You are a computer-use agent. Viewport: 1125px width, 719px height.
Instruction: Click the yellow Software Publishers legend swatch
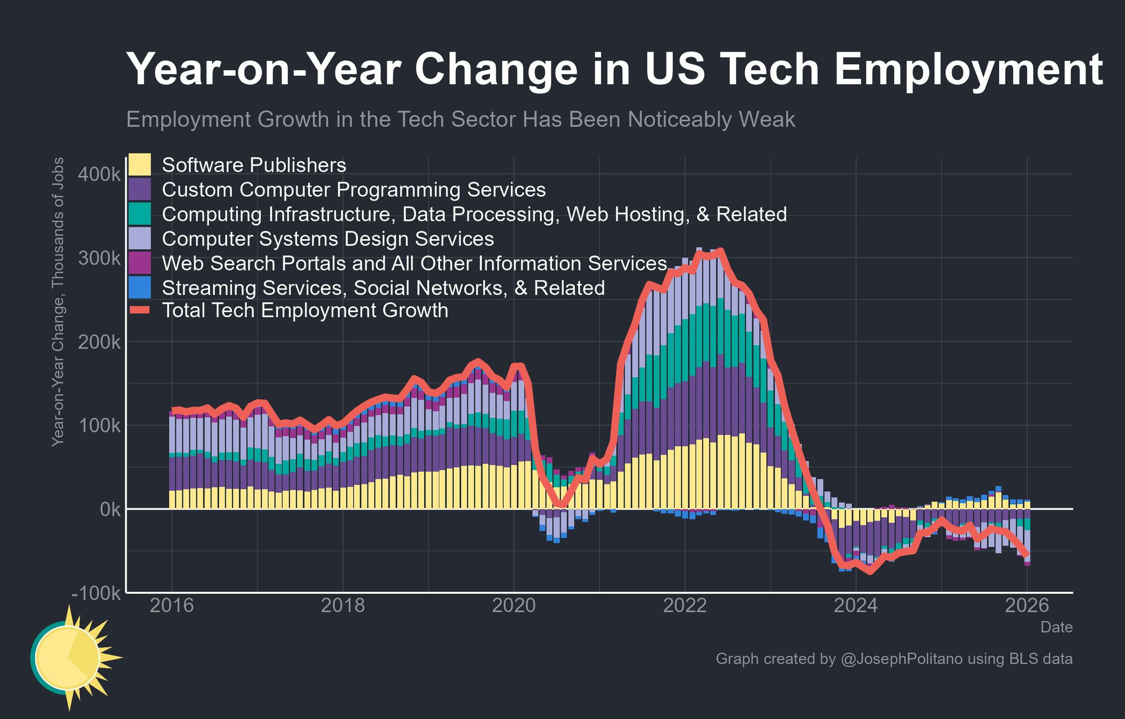(140, 165)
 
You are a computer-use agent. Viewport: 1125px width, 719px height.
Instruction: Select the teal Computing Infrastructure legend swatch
(140, 214)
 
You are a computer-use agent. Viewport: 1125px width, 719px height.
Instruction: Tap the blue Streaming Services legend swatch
(140, 287)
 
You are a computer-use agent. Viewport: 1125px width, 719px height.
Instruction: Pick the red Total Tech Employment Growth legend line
(140, 311)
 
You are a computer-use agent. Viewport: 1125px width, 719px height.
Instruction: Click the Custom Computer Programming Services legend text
(354, 190)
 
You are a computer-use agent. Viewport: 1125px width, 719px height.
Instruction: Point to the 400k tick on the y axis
(99, 175)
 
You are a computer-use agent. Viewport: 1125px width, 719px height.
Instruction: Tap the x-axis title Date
(1056, 627)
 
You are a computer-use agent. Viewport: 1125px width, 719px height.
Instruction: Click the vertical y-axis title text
(58, 302)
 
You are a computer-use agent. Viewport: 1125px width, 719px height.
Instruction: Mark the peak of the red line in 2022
(721, 251)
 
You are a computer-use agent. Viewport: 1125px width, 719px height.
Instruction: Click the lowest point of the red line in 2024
(870, 572)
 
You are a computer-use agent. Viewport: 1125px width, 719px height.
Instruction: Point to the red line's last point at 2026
(1027, 555)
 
